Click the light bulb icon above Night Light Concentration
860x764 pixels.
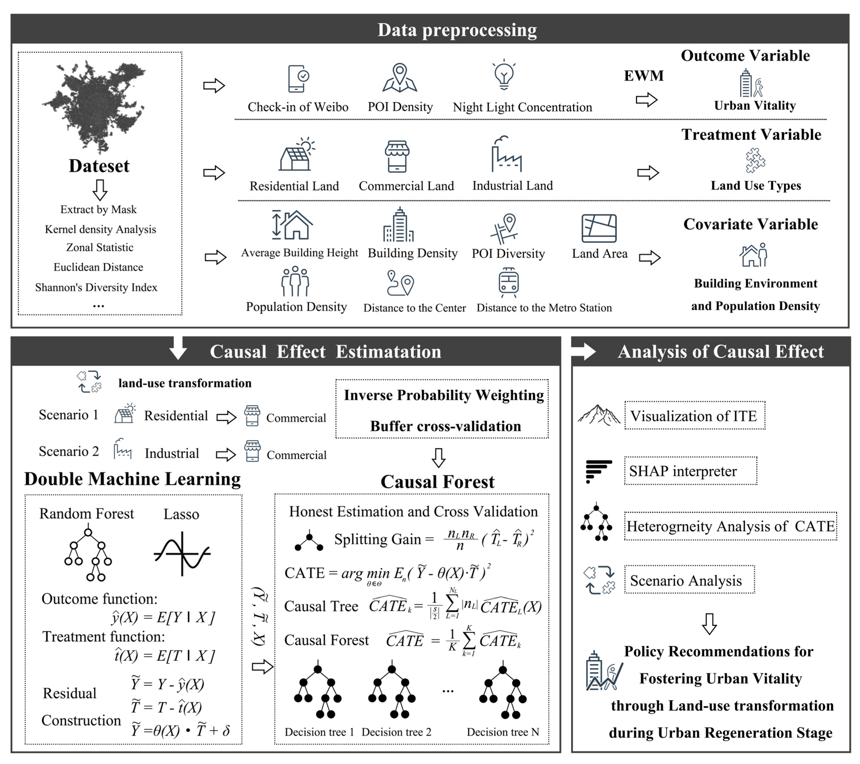tap(504, 75)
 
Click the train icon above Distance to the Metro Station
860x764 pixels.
tap(508, 280)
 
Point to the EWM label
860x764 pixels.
tap(643, 76)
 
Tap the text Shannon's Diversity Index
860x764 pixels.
tap(96, 287)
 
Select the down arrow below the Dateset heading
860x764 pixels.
tap(100, 190)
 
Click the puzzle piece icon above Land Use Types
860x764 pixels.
tap(755, 160)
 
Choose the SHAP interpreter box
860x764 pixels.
tap(690, 471)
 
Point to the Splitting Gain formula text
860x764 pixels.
tap(433, 539)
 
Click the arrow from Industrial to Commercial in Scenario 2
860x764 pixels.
tap(226, 454)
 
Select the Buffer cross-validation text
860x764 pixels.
tap(445, 426)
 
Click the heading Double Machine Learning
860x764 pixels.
tap(132, 479)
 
